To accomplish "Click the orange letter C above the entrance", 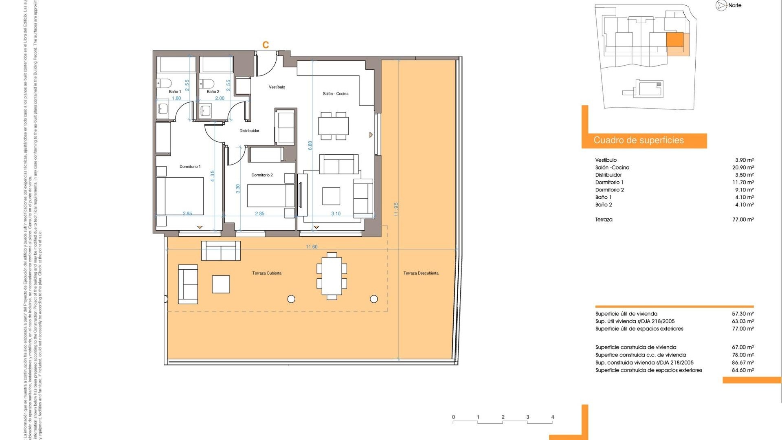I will (266, 45).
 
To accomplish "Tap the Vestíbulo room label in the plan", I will (277, 87).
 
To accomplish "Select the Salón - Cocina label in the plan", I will (336, 94).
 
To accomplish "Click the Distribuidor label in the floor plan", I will (249, 131).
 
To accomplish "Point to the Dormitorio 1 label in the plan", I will (190, 167).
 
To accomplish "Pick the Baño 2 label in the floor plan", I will (213, 92).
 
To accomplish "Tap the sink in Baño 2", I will (206, 110).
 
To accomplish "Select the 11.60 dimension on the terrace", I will (312, 247).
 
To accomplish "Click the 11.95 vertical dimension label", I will (396, 209).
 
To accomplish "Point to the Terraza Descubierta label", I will (421, 273).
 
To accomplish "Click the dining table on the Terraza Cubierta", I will (332, 276).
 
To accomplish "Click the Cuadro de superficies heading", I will (638, 141).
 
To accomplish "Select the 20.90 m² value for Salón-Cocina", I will (743, 167).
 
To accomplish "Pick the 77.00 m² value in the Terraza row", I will (743, 220).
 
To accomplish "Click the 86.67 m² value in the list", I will (743, 363).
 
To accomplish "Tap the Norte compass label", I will (735, 5).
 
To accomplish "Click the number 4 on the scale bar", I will (553, 417).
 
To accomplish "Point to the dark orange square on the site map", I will (674, 40).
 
